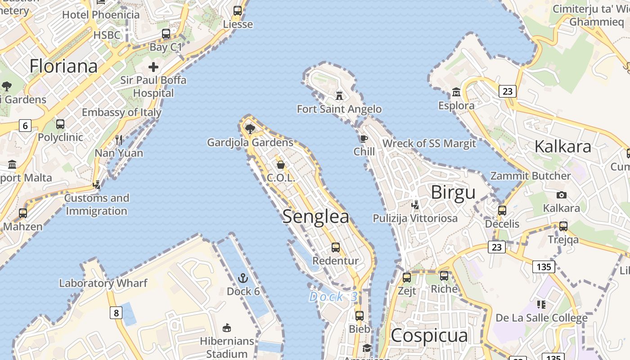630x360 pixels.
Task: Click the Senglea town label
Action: [x=316, y=217]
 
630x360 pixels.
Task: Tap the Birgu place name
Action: [x=453, y=193]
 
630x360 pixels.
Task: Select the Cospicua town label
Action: [x=429, y=336]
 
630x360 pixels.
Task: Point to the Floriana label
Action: [x=63, y=66]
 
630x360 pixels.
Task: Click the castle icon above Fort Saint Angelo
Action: [x=339, y=95]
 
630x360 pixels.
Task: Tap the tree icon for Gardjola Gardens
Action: [x=250, y=130]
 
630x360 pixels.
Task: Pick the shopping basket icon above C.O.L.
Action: [x=281, y=165]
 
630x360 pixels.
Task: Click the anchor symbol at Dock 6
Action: [x=243, y=278]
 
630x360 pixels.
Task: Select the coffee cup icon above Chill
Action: [x=364, y=139]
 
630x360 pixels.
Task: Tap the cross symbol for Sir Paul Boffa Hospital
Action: [x=153, y=67]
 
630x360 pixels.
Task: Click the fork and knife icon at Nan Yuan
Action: [x=119, y=139]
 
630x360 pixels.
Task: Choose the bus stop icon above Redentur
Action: [x=336, y=247]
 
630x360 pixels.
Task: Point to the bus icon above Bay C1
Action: [x=166, y=34]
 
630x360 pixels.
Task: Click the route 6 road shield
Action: [x=25, y=126]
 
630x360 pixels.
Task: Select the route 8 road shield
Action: [x=116, y=312]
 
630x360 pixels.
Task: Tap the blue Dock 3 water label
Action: [x=333, y=297]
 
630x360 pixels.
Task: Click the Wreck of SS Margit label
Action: [x=429, y=144]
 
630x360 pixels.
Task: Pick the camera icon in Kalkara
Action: [x=561, y=195]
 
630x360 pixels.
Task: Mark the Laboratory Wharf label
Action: [x=103, y=283]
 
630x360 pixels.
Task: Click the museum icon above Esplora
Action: [x=456, y=92]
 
